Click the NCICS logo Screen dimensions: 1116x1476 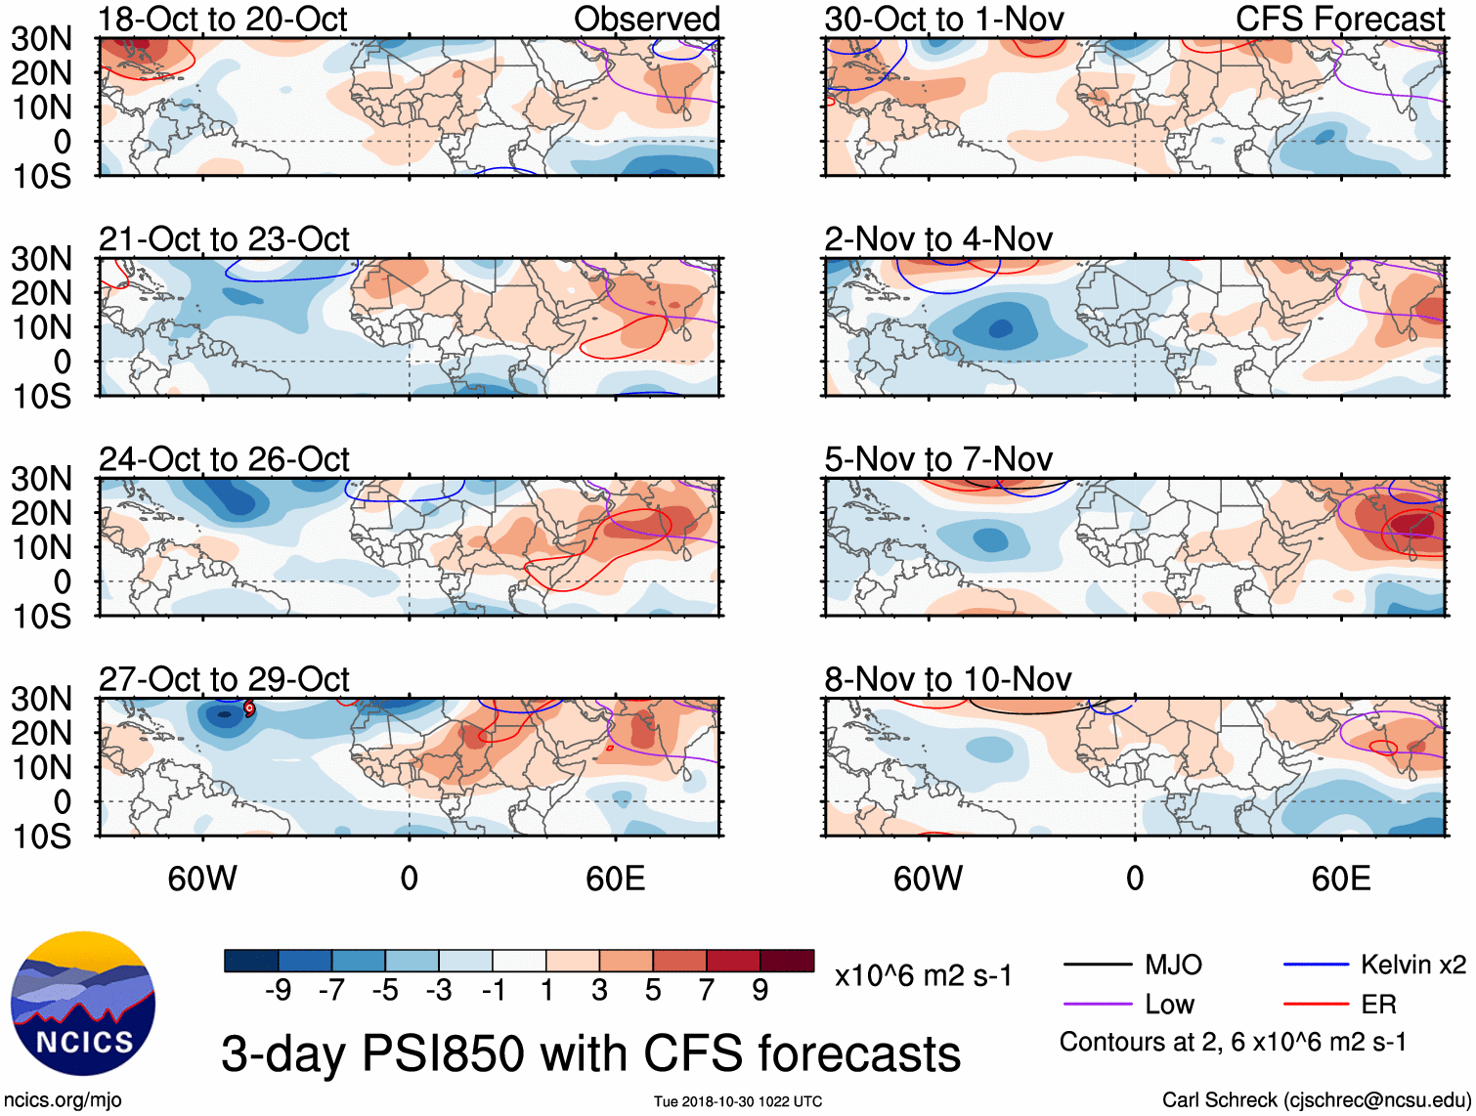point(83,1003)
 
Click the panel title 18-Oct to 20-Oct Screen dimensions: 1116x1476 point(223,20)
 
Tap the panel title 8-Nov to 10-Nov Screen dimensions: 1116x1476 point(947,679)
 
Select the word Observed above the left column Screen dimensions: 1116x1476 point(646,20)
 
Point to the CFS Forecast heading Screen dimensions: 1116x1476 point(1339,20)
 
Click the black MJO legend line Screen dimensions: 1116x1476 point(1097,966)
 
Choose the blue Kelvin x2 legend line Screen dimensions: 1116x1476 point(1316,966)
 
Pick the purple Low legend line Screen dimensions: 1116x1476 point(1097,1005)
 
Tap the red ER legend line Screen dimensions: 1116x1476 point(1316,1005)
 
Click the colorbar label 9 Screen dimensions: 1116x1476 point(760,991)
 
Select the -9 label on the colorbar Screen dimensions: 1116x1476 point(278,991)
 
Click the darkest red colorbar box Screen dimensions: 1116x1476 point(787,961)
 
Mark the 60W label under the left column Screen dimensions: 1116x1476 point(202,879)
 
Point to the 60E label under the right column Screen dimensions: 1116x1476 point(1340,879)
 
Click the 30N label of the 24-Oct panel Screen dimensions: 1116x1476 point(41,479)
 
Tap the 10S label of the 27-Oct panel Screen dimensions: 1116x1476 point(41,837)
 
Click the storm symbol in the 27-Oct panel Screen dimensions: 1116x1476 point(249,708)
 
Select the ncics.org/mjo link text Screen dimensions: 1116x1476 point(62,1100)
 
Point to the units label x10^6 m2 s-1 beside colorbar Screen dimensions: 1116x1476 point(923,975)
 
